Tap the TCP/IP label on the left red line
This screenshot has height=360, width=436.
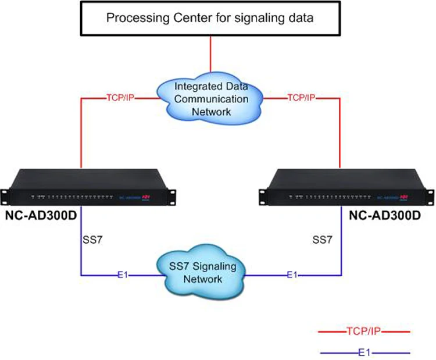point(119,99)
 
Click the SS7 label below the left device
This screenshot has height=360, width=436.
point(93,239)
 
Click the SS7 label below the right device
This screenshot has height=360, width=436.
point(323,239)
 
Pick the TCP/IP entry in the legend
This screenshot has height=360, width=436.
point(364,332)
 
